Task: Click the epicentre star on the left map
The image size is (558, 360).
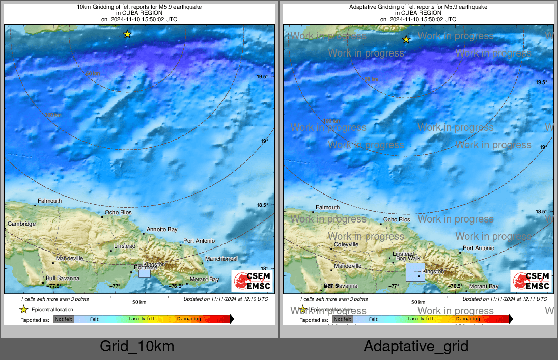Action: (127, 34)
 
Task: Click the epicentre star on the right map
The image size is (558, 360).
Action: (406, 39)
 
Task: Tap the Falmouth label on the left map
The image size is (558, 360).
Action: (49, 201)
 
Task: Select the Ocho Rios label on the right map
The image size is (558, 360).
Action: (397, 219)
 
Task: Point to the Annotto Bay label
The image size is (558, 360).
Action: (162, 230)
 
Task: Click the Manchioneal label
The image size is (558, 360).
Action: (221, 259)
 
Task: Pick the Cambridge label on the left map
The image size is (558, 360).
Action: (21, 224)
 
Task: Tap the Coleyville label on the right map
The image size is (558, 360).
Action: (346, 244)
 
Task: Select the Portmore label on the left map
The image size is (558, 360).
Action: (145, 267)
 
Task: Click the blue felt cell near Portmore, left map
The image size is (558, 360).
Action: (145, 273)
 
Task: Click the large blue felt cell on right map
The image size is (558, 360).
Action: (415, 272)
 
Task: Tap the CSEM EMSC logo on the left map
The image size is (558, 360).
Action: (252, 281)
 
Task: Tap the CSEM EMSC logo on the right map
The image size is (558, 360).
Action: (531, 281)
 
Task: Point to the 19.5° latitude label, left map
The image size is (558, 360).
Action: (262, 77)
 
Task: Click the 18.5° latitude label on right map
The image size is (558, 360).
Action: (541, 211)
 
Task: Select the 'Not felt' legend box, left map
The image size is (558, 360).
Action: (64, 319)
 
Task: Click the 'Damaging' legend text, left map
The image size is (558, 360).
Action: (189, 319)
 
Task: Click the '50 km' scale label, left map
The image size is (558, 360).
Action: (139, 302)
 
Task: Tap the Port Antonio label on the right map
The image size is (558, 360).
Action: (479, 248)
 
